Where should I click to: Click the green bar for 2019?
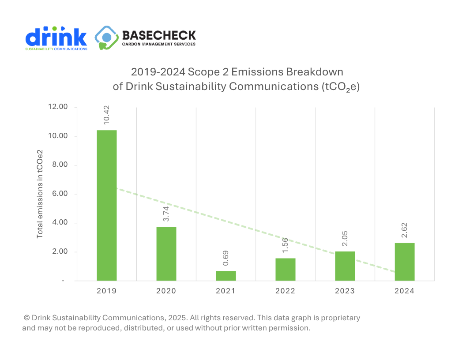click(x=107, y=205)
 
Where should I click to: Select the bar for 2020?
click(x=166, y=254)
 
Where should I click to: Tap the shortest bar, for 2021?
click(x=226, y=276)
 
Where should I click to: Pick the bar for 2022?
click(x=286, y=270)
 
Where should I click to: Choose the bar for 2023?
click(x=345, y=266)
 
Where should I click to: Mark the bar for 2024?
click(x=405, y=262)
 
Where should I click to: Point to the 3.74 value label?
click(x=166, y=214)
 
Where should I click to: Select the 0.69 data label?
click(x=226, y=258)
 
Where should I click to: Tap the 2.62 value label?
click(x=405, y=230)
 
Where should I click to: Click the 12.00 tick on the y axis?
click(x=58, y=107)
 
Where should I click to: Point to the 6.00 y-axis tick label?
click(x=60, y=194)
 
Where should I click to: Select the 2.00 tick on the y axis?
click(x=60, y=252)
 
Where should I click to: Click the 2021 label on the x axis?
click(x=226, y=291)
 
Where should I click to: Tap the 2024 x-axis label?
click(x=405, y=291)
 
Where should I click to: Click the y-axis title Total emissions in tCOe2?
click(x=40, y=194)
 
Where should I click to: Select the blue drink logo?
click(x=56, y=38)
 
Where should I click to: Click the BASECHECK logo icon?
click(x=106, y=38)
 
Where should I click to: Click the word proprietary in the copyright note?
click(x=339, y=318)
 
